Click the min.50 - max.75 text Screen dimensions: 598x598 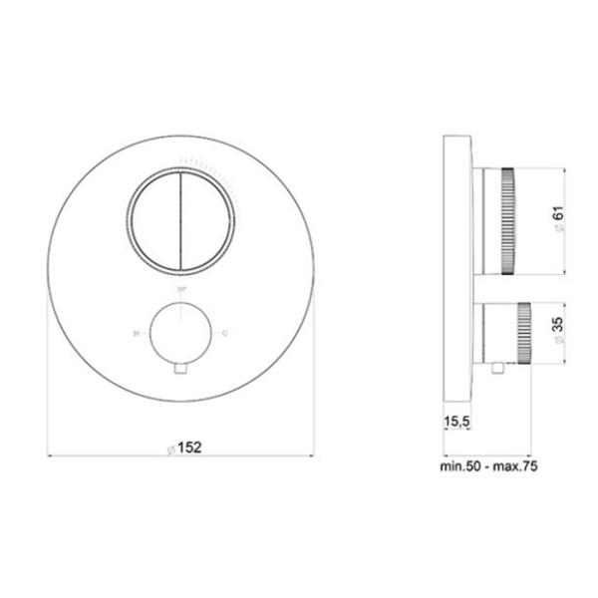(486, 465)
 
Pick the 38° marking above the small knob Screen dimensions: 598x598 (181, 291)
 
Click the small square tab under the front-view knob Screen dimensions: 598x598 (181, 371)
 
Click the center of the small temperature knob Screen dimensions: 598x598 (181, 335)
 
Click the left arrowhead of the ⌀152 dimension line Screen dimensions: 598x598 (53, 456)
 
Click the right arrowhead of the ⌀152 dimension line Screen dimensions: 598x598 (311, 456)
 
